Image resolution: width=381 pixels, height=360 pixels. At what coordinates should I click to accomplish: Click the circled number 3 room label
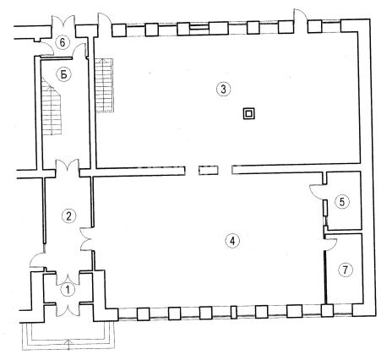click(223, 90)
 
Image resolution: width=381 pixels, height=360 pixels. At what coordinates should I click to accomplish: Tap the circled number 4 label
click(232, 241)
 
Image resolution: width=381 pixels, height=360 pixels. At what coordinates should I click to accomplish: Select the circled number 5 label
click(342, 202)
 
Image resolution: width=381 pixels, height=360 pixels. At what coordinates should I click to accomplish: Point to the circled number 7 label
click(346, 270)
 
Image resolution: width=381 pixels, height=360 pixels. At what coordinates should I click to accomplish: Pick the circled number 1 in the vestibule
click(68, 290)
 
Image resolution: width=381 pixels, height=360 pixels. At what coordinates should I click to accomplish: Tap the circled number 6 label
click(63, 42)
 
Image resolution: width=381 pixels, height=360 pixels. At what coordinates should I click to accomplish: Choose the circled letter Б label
click(64, 75)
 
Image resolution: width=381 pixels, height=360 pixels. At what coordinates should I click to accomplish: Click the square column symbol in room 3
click(249, 114)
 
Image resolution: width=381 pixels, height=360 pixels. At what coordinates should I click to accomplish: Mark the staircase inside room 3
click(105, 85)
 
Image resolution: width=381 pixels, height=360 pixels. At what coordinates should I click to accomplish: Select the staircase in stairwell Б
click(52, 106)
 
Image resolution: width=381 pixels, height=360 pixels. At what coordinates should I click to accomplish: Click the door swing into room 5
click(317, 192)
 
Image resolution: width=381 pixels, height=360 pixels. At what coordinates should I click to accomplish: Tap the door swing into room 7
click(330, 244)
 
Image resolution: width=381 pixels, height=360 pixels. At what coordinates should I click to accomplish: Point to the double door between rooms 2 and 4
click(86, 239)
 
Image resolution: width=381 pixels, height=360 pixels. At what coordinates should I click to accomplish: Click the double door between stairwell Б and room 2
click(68, 166)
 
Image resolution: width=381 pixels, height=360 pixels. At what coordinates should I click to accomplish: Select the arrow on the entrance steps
click(68, 346)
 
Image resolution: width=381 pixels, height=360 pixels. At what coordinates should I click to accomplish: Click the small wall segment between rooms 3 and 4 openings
click(209, 171)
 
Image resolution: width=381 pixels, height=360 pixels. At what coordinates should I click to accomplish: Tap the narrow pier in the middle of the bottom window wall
click(233, 313)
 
